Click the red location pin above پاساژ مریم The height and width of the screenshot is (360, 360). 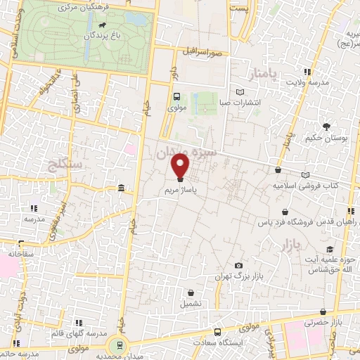[180, 166]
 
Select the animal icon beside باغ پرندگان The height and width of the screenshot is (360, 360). [103, 27]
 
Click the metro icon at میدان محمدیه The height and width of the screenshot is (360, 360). [120, 345]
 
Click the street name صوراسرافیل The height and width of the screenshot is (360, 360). [203, 52]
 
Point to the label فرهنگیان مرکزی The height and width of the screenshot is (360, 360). [69, 6]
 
